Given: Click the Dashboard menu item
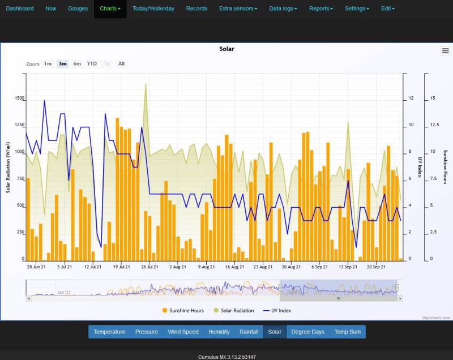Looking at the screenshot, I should point(20,8).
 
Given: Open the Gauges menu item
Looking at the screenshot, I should point(78,8).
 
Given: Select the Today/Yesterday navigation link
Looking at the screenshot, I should point(153,8).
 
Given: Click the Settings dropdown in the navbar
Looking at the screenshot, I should point(357,8).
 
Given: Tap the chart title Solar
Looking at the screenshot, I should point(226,49).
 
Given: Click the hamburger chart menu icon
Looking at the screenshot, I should point(445,51).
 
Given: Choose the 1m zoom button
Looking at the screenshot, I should point(48,63).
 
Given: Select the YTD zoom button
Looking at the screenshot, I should point(92,63).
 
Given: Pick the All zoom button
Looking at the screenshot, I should point(121,63).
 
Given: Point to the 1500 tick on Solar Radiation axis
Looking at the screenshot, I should point(19,98).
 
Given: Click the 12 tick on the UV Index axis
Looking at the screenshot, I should point(411,98).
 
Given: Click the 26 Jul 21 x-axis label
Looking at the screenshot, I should point(148,265).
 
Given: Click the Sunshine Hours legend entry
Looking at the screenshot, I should point(183,310).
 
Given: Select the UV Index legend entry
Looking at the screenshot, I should point(277,310).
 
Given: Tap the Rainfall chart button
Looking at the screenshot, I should point(249,332).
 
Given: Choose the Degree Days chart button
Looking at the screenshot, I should point(307,332).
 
